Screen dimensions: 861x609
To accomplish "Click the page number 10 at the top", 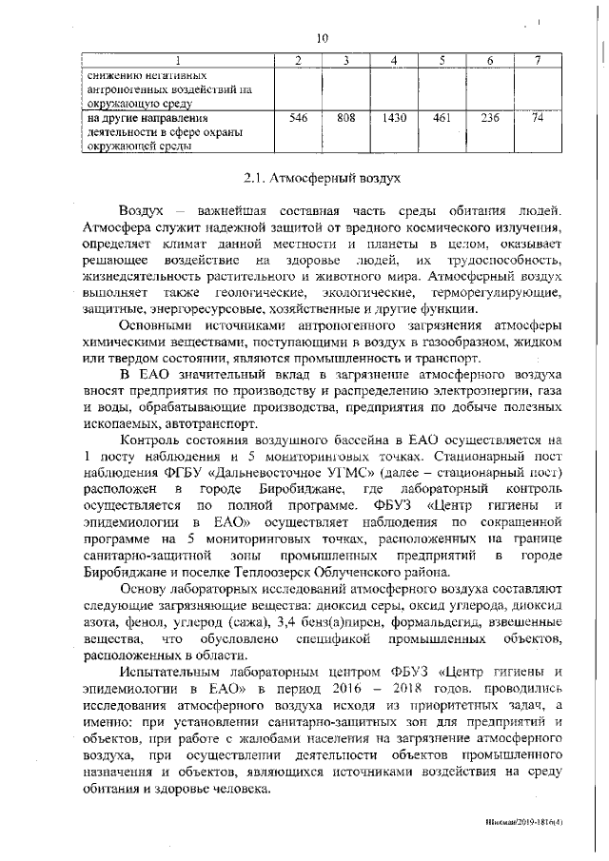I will tap(322, 38).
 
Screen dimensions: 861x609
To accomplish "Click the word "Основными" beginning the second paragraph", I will tap(154, 323).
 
